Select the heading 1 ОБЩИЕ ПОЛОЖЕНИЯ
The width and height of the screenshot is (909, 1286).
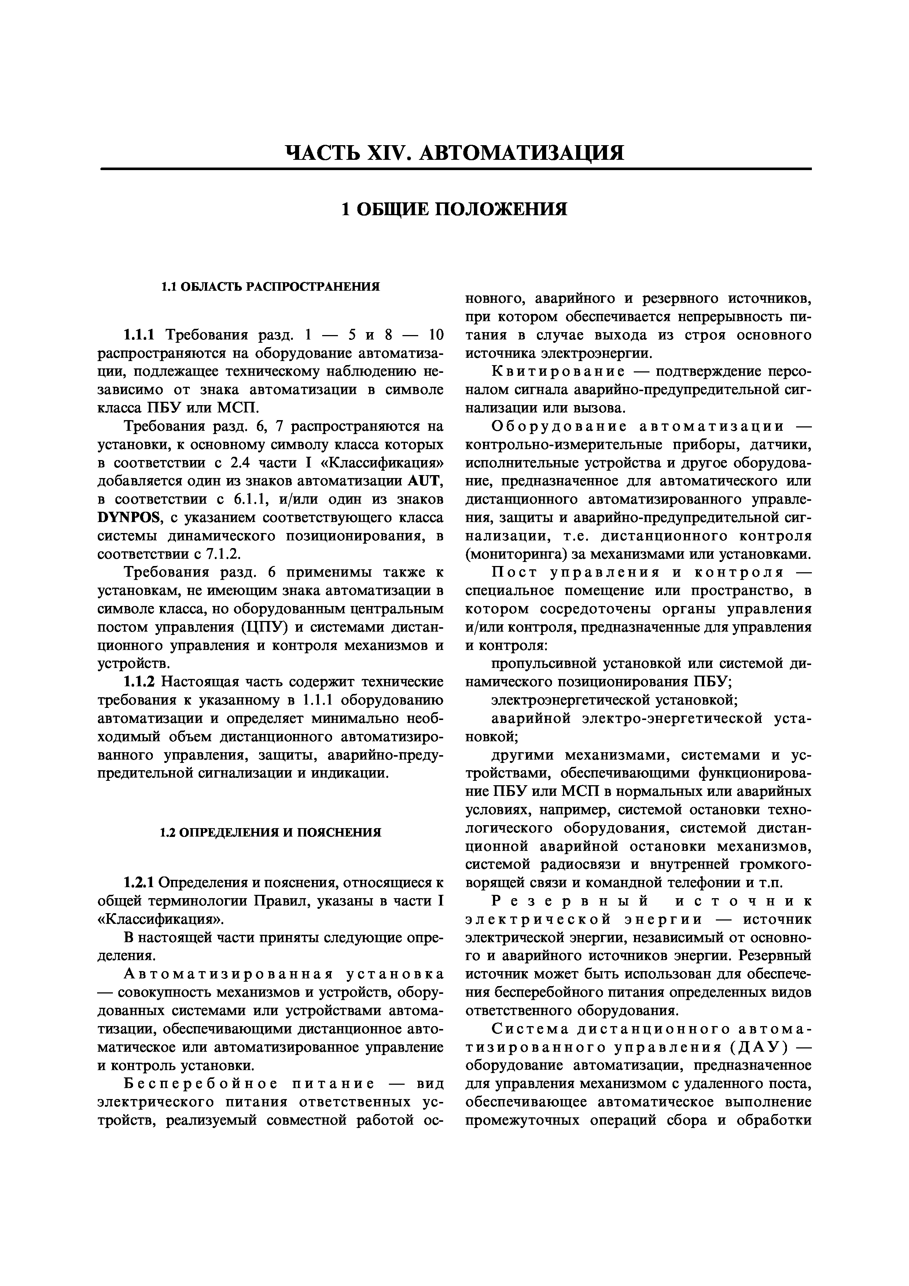pos(454,209)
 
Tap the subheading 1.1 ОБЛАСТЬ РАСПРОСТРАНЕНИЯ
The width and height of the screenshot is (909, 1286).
pos(271,287)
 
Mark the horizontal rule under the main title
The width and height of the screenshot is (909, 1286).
pos(455,169)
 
